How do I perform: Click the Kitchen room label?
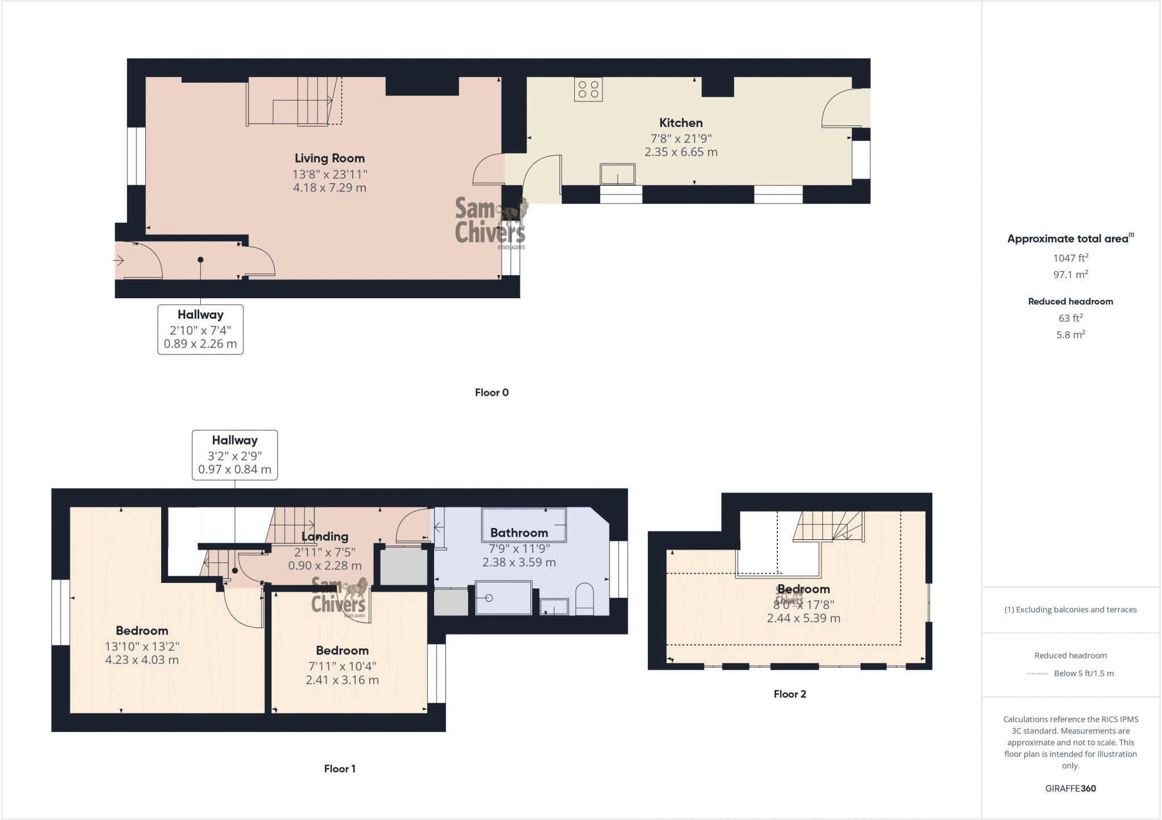click(x=680, y=123)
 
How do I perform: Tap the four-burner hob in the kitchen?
click(x=588, y=90)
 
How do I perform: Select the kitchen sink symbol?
click(x=617, y=174)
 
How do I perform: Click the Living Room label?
click(x=329, y=159)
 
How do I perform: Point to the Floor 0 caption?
click(x=491, y=392)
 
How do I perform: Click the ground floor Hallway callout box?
click(x=200, y=329)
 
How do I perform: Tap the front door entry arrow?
click(x=119, y=260)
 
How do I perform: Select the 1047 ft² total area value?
click(x=1070, y=258)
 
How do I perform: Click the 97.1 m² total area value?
click(x=1070, y=274)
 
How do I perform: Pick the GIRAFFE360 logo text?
click(x=1070, y=788)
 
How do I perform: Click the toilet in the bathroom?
click(x=584, y=599)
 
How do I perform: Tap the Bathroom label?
click(x=519, y=533)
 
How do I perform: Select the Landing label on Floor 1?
click(x=325, y=536)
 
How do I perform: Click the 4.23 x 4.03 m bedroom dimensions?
click(x=142, y=660)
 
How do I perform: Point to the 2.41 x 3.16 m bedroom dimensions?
click(x=342, y=680)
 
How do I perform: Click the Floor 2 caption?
click(x=789, y=694)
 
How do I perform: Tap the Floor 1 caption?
click(x=339, y=769)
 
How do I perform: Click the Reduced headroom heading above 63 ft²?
click(x=1070, y=302)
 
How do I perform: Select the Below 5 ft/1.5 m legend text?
click(x=1083, y=674)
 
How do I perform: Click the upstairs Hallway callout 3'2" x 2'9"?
click(x=234, y=455)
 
